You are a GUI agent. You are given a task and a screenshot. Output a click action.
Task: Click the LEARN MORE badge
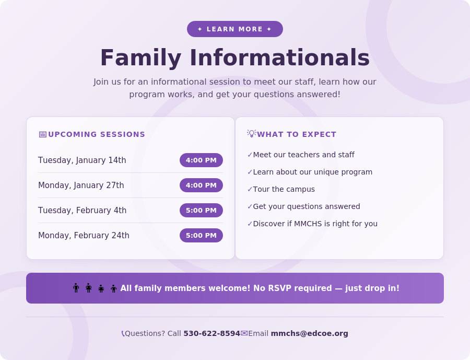pyautogui.click(x=235, y=29)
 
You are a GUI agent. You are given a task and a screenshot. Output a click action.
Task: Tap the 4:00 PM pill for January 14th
pyautogui.click(x=201, y=160)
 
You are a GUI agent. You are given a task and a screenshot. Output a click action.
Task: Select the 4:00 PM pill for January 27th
pyautogui.click(x=201, y=185)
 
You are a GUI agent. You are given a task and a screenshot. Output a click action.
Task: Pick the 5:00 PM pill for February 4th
pyautogui.click(x=201, y=211)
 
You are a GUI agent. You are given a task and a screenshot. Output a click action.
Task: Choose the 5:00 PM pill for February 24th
pyautogui.click(x=201, y=236)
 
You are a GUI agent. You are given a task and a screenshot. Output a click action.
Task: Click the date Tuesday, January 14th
pyautogui.click(x=82, y=160)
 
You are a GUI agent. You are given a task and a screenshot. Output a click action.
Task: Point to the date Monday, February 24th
pyautogui.click(x=84, y=236)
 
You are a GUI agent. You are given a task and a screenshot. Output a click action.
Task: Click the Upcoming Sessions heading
pyautogui.click(x=97, y=134)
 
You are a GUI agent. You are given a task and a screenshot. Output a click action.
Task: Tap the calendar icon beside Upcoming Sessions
pyautogui.click(x=42, y=134)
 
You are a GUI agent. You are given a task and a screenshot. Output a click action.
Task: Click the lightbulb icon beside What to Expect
pyautogui.click(x=251, y=134)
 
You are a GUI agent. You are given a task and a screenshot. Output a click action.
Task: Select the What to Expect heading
pyautogui.click(x=297, y=134)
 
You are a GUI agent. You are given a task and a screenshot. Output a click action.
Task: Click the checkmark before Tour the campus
pyautogui.click(x=250, y=190)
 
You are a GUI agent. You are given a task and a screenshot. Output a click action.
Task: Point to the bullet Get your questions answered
pyautogui.click(x=307, y=206)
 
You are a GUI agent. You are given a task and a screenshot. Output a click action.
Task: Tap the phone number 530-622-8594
pyautogui.click(x=211, y=333)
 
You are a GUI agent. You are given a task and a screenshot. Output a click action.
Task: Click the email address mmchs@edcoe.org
pyautogui.click(x=309, y=333)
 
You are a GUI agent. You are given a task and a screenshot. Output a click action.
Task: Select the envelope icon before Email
pyautogui.click(x=244, y=333)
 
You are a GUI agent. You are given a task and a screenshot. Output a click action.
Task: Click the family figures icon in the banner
pyautogui.click(x=95, y=288)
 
